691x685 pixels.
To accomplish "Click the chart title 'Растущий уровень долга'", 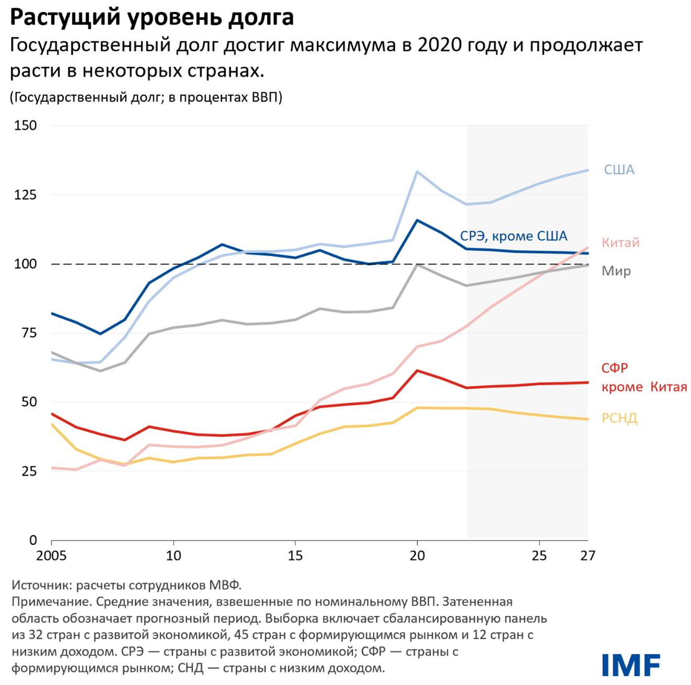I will [152, 18].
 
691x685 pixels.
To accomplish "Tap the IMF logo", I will [631, 665].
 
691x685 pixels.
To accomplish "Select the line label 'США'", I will [619, 170].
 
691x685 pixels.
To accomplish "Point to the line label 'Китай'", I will [620, 243].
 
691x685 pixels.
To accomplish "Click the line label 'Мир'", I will [616, 271].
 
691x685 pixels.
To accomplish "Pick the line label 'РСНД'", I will [619, 419].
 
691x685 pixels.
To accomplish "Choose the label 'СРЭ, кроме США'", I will [513, 236].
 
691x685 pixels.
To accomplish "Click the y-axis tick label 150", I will [26, 126].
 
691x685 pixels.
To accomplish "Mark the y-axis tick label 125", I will [26, 195].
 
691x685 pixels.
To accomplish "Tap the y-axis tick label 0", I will [33, 540].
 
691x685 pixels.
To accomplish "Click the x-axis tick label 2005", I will [51, 556].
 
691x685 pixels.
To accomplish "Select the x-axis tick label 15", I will [295, 556].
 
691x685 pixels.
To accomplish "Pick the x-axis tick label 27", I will [587, 556].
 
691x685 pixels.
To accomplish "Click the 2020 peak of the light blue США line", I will [417, 172].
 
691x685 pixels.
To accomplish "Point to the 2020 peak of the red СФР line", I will [417, 370].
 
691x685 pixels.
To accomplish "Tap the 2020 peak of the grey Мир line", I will [417, 265].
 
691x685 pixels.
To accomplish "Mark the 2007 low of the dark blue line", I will [100, 334].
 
